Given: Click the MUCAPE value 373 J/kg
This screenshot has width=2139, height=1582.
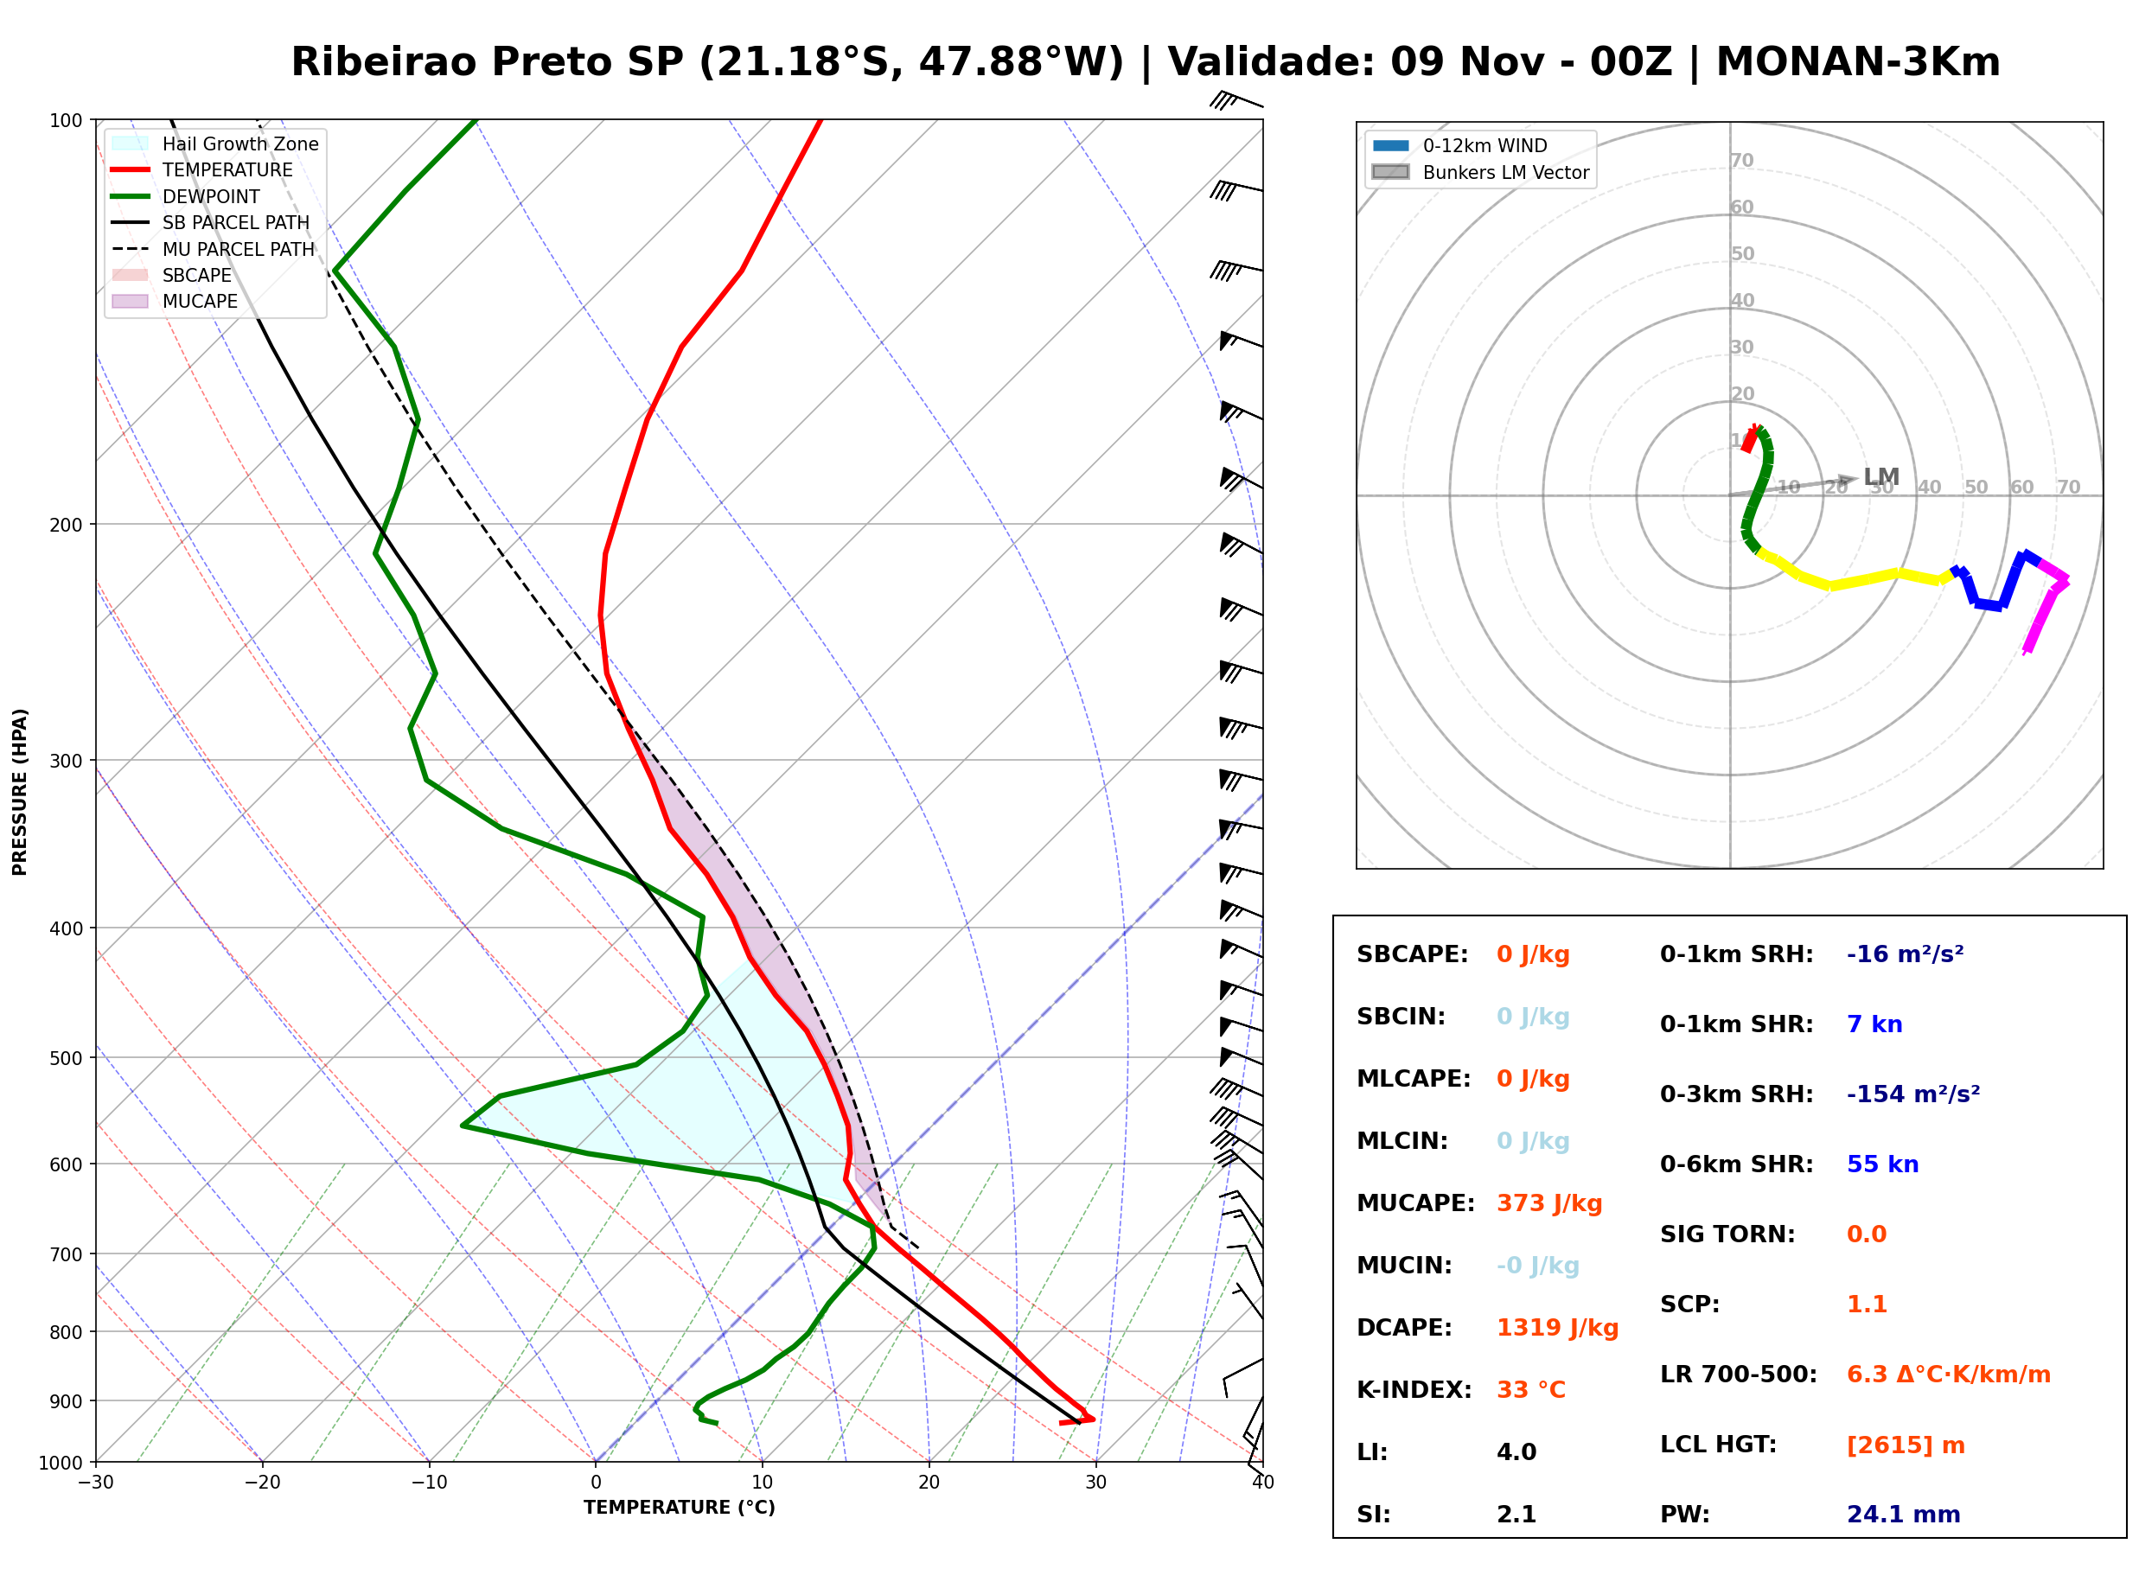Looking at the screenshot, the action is tap(1549, 1203).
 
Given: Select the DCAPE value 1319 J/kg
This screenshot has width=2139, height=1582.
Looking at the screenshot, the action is tap(1557, 1328).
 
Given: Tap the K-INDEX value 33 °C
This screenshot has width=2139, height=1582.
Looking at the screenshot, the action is tap(1531, 1390).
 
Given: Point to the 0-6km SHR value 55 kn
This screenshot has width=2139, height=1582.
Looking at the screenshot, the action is tap(1882, 1164).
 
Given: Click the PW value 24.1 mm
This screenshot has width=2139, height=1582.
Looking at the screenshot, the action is tap(1904, 1515).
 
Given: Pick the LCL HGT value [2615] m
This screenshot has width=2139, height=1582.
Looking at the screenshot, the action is tap(1906, 1445).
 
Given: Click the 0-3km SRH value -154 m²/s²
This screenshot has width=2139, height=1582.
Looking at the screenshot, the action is tap(1913, 1094).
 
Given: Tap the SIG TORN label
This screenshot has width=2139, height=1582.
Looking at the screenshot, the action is tap(1727, 1234).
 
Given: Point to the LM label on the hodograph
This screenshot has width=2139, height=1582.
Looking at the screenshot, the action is tap(1881, 477).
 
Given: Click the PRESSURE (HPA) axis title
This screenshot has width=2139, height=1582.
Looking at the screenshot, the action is tap(20, 792).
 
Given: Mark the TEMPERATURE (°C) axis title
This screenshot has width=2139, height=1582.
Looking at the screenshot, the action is tap(679, 1508).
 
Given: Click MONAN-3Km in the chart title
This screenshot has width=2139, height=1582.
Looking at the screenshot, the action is tap(1857, 62).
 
